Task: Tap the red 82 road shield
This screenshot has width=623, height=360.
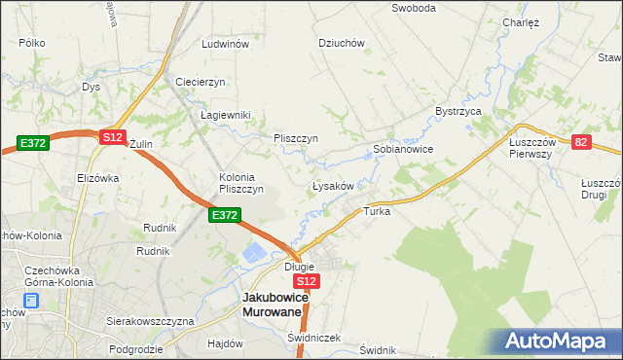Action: coord(582,141)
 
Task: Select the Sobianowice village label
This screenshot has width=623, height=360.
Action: coord(403,150)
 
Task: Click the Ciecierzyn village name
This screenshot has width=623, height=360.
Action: coord(201,82)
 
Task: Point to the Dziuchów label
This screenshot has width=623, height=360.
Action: coord(342,43)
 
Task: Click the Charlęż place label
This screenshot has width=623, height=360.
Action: coord(521,22)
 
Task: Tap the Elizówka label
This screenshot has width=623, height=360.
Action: coord(97,178)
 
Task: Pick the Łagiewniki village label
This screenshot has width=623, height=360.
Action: coord(226,115)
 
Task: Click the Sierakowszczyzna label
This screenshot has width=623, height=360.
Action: coord(151,320)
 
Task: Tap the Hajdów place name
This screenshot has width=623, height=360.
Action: coord(225,343)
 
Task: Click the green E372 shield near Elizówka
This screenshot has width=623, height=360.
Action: coord(32,144)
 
